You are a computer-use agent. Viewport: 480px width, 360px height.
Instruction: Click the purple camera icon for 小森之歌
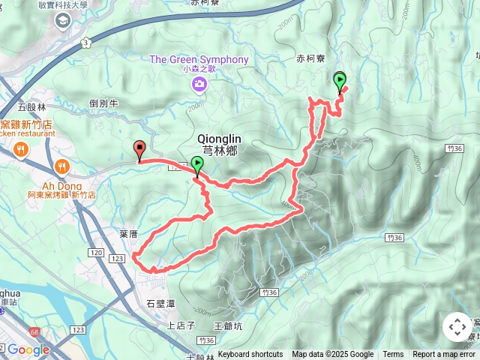point(199,82)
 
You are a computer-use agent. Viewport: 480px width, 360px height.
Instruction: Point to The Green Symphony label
point(199,59)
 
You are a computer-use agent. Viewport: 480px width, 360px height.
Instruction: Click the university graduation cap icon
point(60,19)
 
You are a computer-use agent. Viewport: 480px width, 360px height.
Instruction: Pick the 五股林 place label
point(31,107)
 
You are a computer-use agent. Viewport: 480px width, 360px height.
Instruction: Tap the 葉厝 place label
point(128,234)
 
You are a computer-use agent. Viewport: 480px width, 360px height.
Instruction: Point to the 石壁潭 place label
point(160,304)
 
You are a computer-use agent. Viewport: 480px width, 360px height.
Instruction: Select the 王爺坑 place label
point(228,326)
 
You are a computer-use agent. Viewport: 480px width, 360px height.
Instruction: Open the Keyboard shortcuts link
point(250,355)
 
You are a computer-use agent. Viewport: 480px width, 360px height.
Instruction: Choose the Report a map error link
point(444,355)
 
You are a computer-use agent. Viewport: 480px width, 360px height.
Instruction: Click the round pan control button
point(457,327)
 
